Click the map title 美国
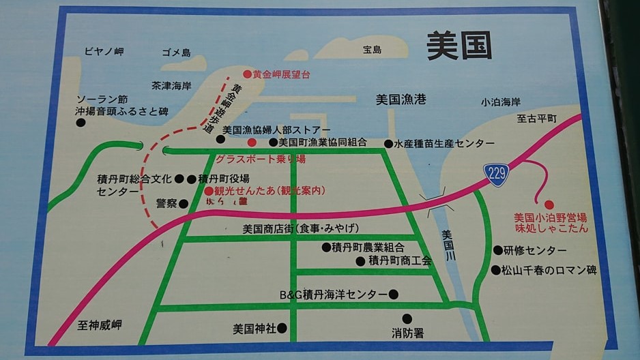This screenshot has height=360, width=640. click(x=459, y=45)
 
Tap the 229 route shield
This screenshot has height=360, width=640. click(x=497, y=174)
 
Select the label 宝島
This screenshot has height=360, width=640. click(x=373, y=50)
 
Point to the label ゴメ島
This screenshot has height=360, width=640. click(x=176, y=52)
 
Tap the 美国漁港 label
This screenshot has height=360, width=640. click(x=401, y=100)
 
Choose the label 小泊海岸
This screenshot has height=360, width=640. click(x=500, y=102)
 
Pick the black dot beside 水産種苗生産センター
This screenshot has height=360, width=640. click(x=388, y=144)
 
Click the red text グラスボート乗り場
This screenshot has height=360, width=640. click(x=260, y=159)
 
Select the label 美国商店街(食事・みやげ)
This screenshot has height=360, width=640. click(x=301, y=228)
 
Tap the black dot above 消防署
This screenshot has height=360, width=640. click(x=407, y=318)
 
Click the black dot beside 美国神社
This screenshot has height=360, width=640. click(x=282, y=328)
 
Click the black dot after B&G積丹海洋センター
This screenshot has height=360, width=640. click(x=393, y=295)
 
